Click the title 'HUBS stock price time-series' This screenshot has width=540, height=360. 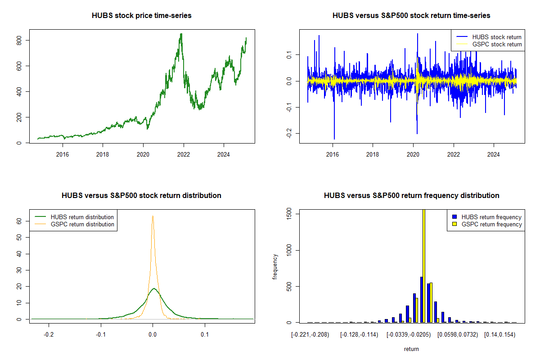pos(142,16)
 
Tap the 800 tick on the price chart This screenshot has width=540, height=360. pos(23,40)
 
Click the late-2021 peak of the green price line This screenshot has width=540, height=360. pos(181,34)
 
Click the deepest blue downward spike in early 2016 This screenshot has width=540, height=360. pos(334,139)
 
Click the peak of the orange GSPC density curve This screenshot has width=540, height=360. pos(153,216)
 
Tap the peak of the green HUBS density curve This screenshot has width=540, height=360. pos(153,288)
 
